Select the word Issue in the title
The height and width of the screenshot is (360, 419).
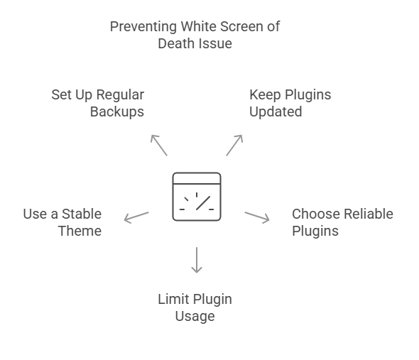pos(217,44)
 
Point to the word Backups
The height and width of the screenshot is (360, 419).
pos(117,112)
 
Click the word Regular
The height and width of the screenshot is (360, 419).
pos(120,95)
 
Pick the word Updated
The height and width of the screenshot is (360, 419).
pos(276,112)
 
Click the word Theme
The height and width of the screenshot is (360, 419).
pos(80,231)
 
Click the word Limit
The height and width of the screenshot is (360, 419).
pos(173,299)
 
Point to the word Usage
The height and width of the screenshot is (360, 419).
pos(195,316)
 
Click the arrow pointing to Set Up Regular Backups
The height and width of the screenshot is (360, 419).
pos(159,145)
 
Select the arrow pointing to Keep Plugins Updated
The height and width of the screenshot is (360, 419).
pos(234,145)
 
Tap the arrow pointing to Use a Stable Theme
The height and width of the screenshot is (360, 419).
pos(136,217)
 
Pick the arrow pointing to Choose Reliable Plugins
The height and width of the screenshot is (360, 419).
pos(257,217)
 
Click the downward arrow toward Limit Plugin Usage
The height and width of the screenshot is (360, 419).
pos(197,260)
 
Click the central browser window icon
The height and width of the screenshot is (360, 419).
pos(197,196)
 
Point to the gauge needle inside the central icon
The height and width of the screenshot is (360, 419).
pos(204,203)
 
